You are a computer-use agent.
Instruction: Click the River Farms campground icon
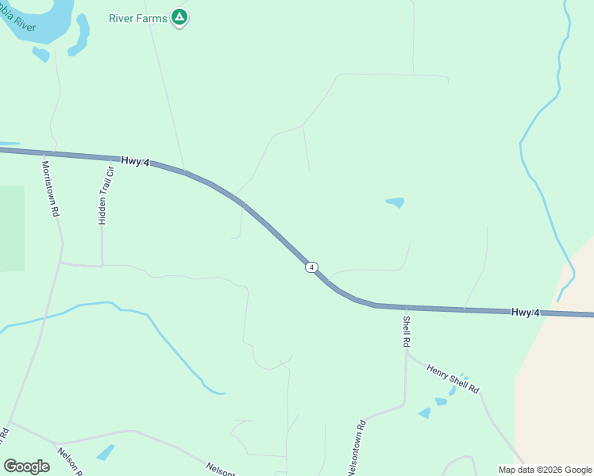(180, 17)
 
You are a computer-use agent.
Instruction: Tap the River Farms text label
(138, 17)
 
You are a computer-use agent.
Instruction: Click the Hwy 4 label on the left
(135, 161)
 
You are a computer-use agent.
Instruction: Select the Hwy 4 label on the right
(526, 313)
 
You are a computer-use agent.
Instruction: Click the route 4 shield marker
(312, 267)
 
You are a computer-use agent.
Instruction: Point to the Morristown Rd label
(50, 189)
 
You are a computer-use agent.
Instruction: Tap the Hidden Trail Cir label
(105, 195)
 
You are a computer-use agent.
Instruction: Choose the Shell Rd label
(407, 331)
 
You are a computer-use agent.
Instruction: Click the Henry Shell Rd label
(453, 378)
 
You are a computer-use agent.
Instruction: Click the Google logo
(26, 466)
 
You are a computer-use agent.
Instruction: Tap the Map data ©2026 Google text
(545, 470)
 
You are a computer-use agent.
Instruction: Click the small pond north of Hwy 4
(395, 202)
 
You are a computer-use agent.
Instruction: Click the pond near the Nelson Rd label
(105, 452)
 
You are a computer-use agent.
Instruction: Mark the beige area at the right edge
(556, 381)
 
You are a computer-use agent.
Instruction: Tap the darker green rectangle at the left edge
(11, 228)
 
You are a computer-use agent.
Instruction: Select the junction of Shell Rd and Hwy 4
(406, 306)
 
